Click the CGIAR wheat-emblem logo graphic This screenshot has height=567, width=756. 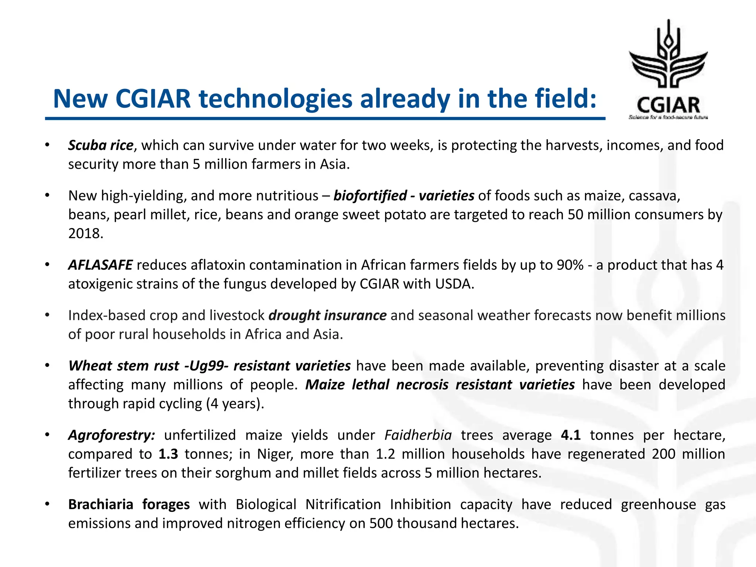click(x=668, y=55)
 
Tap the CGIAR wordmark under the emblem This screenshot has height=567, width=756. click(x=668, y=105)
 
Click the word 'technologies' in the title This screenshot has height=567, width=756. click(x=275, y=99)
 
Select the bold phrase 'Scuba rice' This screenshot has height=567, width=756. click(x=100, y=145)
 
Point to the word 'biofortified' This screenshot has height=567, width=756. click(x=370, y=196)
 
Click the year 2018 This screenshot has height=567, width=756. click(x=86, y=233)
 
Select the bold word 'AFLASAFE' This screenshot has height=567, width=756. click(x=100, y=265)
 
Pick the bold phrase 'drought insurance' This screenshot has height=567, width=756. click(x=327, y=316)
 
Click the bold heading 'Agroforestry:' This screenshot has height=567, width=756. click(x=111, y=435)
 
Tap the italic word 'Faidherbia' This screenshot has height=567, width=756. click(x=418, y=435)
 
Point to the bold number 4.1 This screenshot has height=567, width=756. click(x=570, y=435)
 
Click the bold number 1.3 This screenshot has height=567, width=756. click(x=168, y=454)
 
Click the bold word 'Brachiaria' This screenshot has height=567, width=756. click(x=100, y=504)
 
